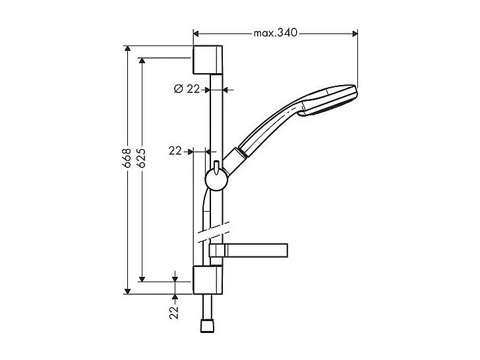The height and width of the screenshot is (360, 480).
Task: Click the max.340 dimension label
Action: coord(276,32)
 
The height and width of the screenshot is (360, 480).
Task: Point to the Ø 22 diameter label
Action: coord(187,89)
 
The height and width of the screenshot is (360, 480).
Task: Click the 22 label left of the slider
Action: coord(175,151)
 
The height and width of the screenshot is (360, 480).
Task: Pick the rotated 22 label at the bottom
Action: coord(175,312)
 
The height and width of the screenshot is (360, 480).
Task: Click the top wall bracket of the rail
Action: coord(210,61)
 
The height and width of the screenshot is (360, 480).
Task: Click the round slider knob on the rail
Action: coord(216,178)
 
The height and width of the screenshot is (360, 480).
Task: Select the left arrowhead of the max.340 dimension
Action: coord(196,32)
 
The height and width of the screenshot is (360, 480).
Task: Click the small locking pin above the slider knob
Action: coord(216,164)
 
